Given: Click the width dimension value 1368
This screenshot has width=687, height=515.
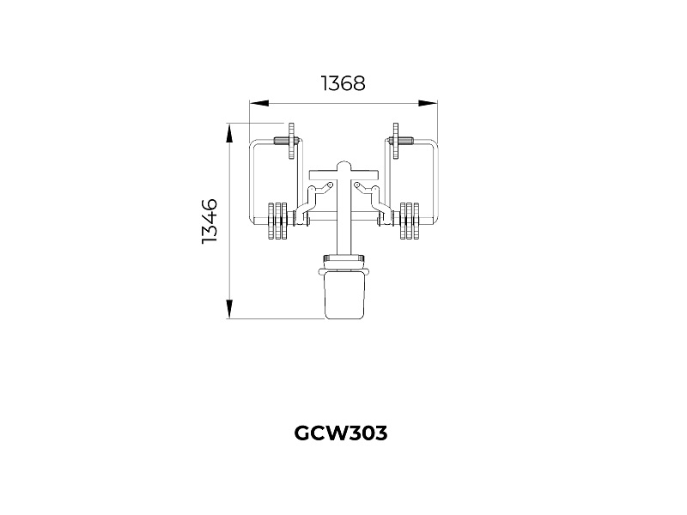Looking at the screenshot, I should click(x=343, y=83).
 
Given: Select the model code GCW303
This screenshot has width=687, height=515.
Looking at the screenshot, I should click(x=341, y=433).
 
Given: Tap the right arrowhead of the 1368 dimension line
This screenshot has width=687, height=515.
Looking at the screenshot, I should click(x=434, y=103).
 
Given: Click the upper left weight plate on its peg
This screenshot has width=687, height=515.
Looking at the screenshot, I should click(x=292, y=142).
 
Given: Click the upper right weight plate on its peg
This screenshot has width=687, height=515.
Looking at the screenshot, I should click(x=396, y=142).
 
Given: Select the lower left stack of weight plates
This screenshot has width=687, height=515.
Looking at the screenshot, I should click(x=279, y=221).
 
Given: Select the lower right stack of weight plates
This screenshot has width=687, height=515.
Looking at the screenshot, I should click(x=410, y=221).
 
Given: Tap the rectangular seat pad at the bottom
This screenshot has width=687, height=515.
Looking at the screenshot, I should click(x=344, y=296).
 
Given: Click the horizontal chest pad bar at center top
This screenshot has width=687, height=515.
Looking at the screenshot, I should click(x=344, y=174).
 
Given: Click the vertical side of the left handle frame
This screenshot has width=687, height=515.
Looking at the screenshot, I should click(x=251, y=185).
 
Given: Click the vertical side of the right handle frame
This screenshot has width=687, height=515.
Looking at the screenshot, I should click(x=439, y=185).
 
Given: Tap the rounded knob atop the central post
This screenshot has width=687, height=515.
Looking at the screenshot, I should click(x=344, y=163).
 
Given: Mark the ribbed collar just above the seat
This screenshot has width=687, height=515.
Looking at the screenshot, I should click(x=344, y=259).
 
